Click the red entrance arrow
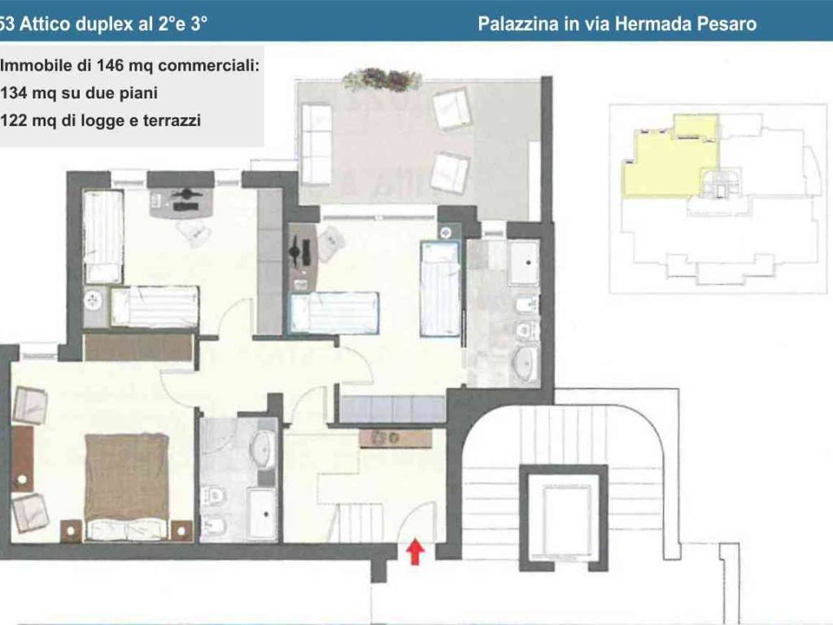pos(416,553)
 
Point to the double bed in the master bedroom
pos(126,486)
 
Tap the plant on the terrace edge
pos(382,80)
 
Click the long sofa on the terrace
pos(316,144)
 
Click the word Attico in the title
pos(46,24)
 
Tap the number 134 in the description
pos(14,93)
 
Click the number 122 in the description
pos(14,120)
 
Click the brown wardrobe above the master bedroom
pos(138,347)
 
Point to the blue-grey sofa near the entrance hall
pos(393,409)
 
